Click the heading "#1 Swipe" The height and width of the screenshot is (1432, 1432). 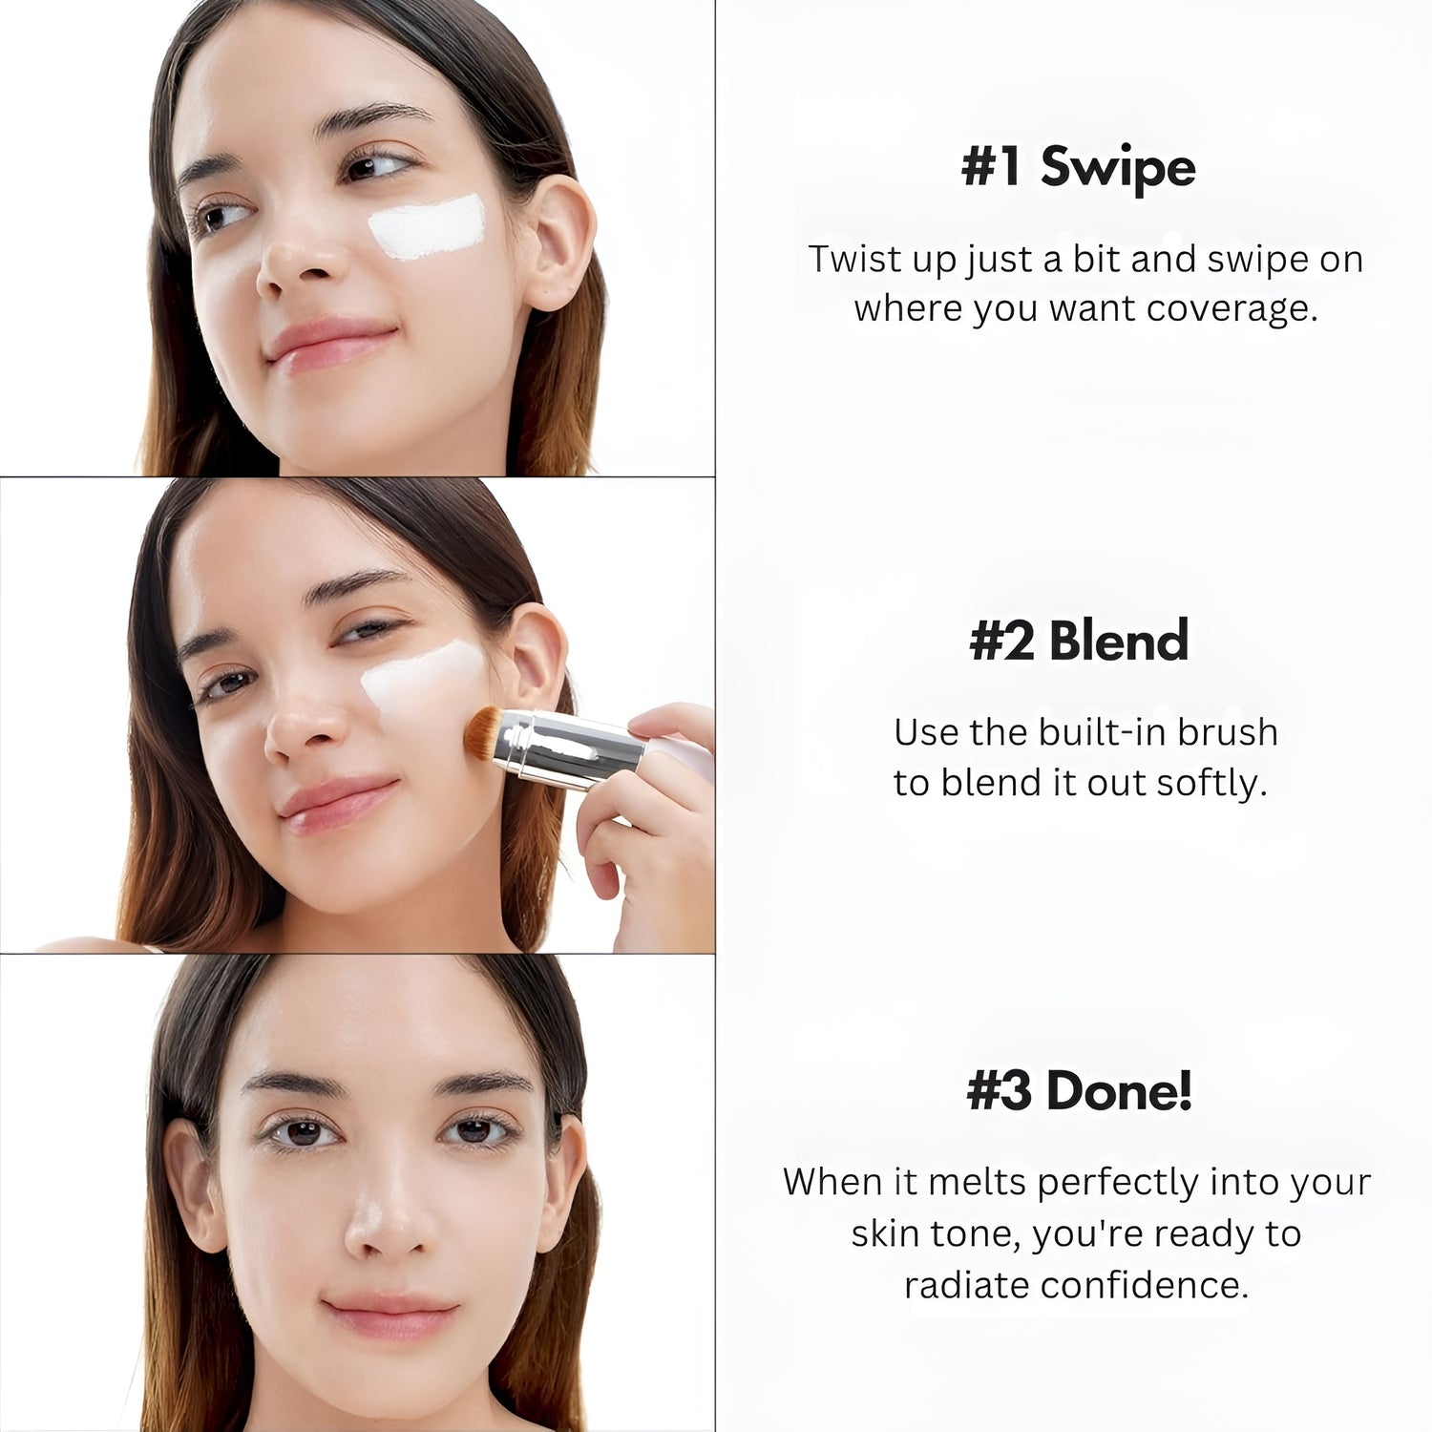coord(1078,167)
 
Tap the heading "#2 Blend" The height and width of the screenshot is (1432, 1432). coord(1079,640)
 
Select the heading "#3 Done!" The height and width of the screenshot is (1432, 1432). coord(1080,1090)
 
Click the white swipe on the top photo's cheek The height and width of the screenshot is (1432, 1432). coord(429,227)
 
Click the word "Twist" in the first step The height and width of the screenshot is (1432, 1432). coord(853,259)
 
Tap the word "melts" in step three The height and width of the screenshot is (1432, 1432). coord(978,1182)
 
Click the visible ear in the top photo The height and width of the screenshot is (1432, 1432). coord(558,243)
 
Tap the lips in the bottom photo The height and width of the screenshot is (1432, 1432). coord(390,1316)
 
